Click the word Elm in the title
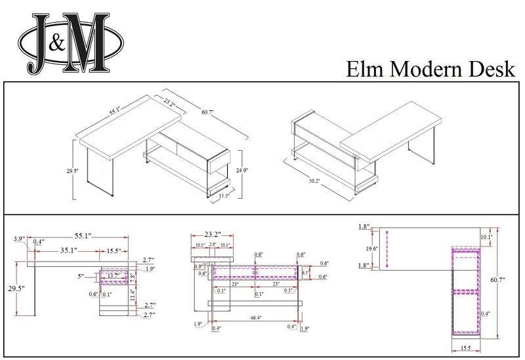[365, 69]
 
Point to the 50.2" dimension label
[313, 181]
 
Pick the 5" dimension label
[81, 277]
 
